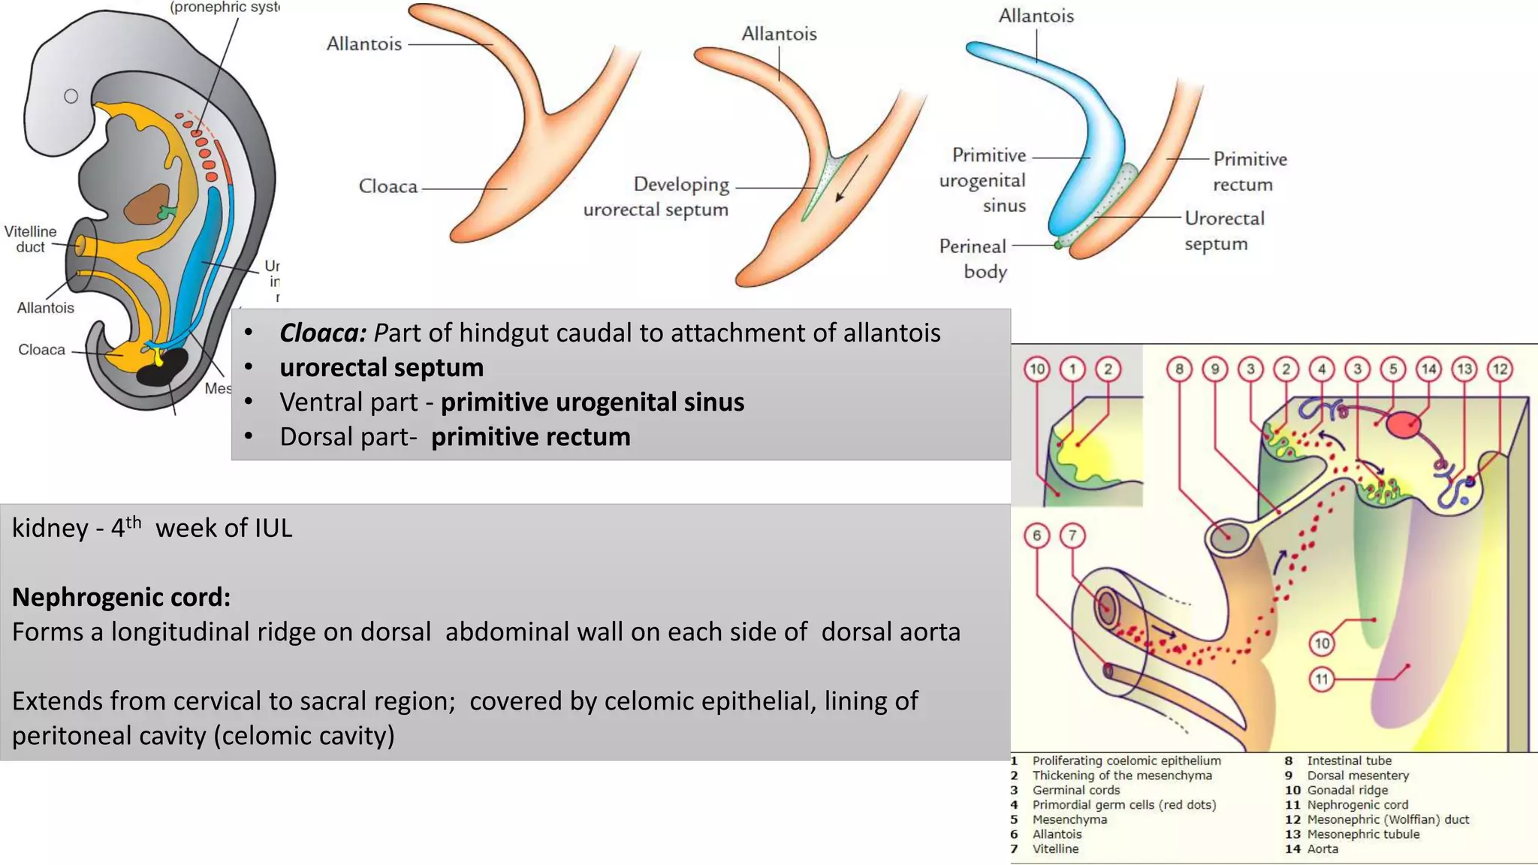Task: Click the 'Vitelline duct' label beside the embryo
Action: click(x=30, y=239)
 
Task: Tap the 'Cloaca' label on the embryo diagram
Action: click(x=41, y=350)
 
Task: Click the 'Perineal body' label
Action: click(x=973, y=258)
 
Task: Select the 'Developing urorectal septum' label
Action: click(x=656, y=197)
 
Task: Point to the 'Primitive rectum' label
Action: click(x=1250, y=171)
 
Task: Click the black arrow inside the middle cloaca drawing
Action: click(x=852, y=179)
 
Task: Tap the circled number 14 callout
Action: click(x=1428, y=369)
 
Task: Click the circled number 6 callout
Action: click(x=1036, y=535)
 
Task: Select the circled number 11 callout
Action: click(x=1322, y=679)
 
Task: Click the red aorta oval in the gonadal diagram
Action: click(x=1403, y=425)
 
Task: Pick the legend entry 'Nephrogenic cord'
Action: click(x=1357, y=805)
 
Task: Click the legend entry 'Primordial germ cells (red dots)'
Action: click(x=1123, y=805)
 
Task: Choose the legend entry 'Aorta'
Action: click(x=1322, y=849)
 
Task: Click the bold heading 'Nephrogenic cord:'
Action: click(x=121, y=597)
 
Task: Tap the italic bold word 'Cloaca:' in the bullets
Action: click(x=323, y=333)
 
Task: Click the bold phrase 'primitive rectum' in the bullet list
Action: click(x=530, y=437)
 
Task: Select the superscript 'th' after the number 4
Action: click(x=133, y=521)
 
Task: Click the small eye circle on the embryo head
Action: click(x=71, y=96)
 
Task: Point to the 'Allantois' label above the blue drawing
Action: click(x=1036, y=16)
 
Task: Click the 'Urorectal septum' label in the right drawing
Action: click(x=1224, y=231)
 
